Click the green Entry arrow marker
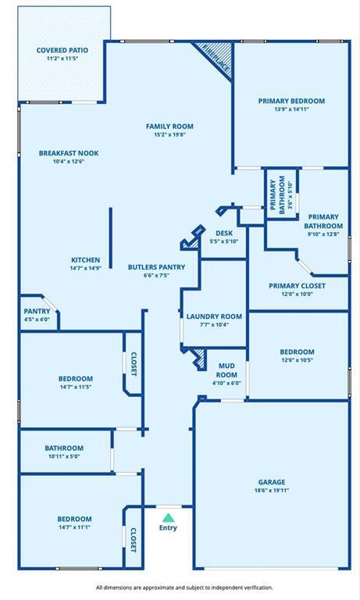coord(168,517)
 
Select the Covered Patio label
coord(62,50)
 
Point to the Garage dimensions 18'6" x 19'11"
coord(272,491)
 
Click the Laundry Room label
coord(214,316)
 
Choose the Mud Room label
coord(226,366)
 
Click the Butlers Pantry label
coord(156,267)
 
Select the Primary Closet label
coord(297,286)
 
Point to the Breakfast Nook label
coord(69,153)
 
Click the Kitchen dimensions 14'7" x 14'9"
coord(86,269)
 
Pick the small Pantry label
coord(37,311)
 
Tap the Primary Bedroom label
coord(291,101)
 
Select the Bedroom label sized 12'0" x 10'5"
coord(297,352)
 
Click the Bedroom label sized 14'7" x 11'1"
coord(74,519)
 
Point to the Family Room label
coord(169,127)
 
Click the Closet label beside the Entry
coord(133,540)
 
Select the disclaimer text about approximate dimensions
coord(184,587)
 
